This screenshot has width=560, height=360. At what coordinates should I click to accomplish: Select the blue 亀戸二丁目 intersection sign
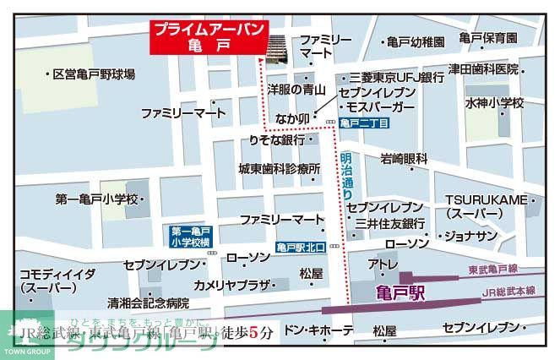click(365, 123)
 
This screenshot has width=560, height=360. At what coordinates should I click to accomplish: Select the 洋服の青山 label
click(297, 87)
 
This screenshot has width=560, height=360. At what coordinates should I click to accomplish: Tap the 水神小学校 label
click(494, 103)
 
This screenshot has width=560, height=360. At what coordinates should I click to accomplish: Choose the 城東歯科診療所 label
click(280, 168)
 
